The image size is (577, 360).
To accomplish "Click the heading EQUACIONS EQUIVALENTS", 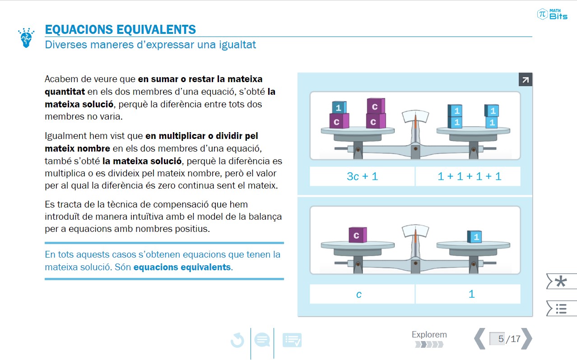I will [120, 30].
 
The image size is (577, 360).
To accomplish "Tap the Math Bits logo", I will [552, 14].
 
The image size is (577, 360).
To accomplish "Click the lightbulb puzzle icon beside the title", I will [26, 38].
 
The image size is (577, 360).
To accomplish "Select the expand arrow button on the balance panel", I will [525, 80].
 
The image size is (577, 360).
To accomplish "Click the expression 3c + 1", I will [362, 176].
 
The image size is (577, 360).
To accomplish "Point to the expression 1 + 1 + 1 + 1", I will [469, 176].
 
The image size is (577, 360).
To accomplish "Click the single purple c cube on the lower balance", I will [357, 235].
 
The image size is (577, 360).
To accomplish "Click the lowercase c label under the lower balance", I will [359, 295].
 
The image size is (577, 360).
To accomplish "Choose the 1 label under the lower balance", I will [471, 295].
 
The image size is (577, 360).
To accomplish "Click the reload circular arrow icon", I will [237, 340].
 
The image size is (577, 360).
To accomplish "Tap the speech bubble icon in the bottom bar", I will [262, 340].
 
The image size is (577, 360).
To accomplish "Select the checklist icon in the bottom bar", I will [292, 340].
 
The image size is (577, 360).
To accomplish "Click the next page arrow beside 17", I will [527, 339].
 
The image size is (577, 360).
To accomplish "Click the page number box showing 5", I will [497, 339].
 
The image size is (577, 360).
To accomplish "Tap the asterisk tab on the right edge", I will [561, 282].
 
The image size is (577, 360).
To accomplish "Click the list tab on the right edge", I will [561, 309].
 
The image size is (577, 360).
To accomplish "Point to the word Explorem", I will [429, 335].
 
